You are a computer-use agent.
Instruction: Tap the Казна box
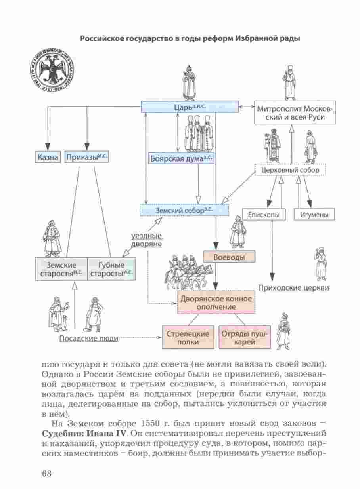click(48, 158)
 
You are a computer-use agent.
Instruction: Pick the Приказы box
click(86, 158)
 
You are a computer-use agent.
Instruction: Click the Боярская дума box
click(181, 158)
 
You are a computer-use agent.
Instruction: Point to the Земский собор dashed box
click(184, 210)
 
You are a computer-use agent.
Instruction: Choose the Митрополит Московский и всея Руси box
click(295, 113)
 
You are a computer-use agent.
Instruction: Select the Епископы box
click(261, 215)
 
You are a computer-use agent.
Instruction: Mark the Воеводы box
click(229, 257)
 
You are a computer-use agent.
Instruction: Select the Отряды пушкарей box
click(244, 338)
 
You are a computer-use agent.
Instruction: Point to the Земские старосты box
click(61, 269)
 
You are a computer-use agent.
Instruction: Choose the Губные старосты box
click(111, 269)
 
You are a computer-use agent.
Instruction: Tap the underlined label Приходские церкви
click(293, 288)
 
